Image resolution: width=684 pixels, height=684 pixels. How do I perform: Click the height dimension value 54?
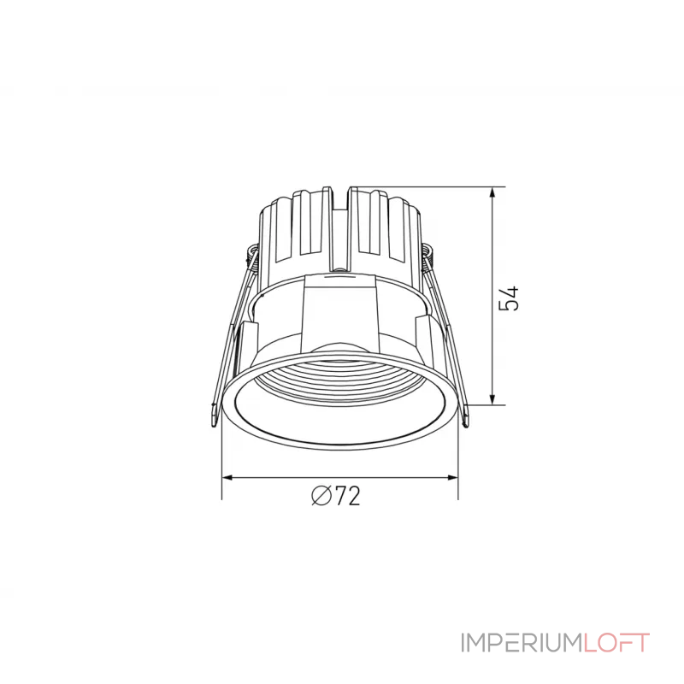click(509, 298)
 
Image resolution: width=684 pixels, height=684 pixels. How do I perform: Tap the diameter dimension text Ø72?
click(336, 496)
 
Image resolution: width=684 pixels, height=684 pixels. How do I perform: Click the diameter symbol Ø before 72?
click(321, 496)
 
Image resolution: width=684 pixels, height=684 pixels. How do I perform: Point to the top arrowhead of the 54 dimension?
click(492, 195)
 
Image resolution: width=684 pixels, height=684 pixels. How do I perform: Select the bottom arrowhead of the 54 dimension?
click(492, 398)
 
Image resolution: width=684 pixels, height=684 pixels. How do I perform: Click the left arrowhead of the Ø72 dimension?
click(229, 478)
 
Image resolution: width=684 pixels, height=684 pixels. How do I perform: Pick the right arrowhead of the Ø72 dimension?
click(451, 478)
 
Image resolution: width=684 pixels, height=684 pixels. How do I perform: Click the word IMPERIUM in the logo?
click(522, 643)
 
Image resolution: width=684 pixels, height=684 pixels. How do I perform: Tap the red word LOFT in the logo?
click(616, 643)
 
